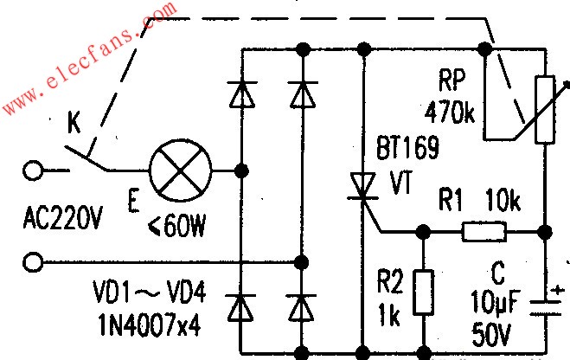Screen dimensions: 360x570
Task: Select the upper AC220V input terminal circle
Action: coord(33,170)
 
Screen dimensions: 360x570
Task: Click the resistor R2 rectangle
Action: coord(423,292)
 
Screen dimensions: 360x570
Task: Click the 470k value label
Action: coord(448,112)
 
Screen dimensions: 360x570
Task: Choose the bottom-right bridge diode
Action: coord(301,306)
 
